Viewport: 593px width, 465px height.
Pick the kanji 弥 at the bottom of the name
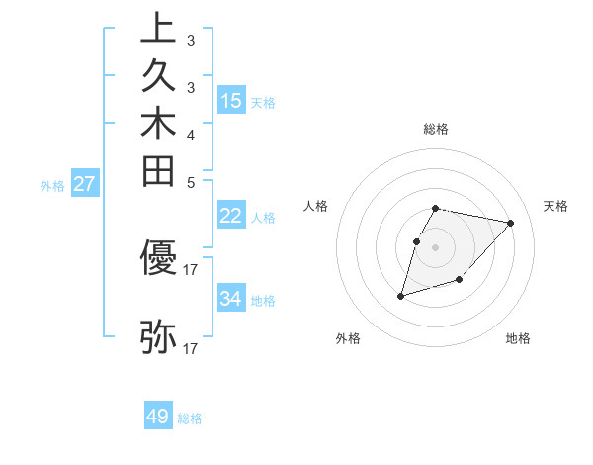tap(158, 337)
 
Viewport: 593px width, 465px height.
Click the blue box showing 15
tap(231, 100)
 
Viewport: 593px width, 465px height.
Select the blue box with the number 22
tap(231, 216)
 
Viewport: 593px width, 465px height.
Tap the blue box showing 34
tap(231, 298)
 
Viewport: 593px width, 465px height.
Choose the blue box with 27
tap(84, 183)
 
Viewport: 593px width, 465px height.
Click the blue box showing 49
tap(158, 417)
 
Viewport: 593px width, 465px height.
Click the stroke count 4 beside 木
tap(191, 135)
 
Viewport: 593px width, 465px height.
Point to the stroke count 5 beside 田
tap(191, 182)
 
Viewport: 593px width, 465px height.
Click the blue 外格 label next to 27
tap(52, 185)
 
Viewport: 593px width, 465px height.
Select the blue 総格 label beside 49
tap(190, 418)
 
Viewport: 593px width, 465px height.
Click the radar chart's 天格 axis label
tap(555, 206)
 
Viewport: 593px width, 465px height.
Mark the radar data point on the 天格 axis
tap(511, 223)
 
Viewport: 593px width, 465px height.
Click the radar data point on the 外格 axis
tap(400, 295)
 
